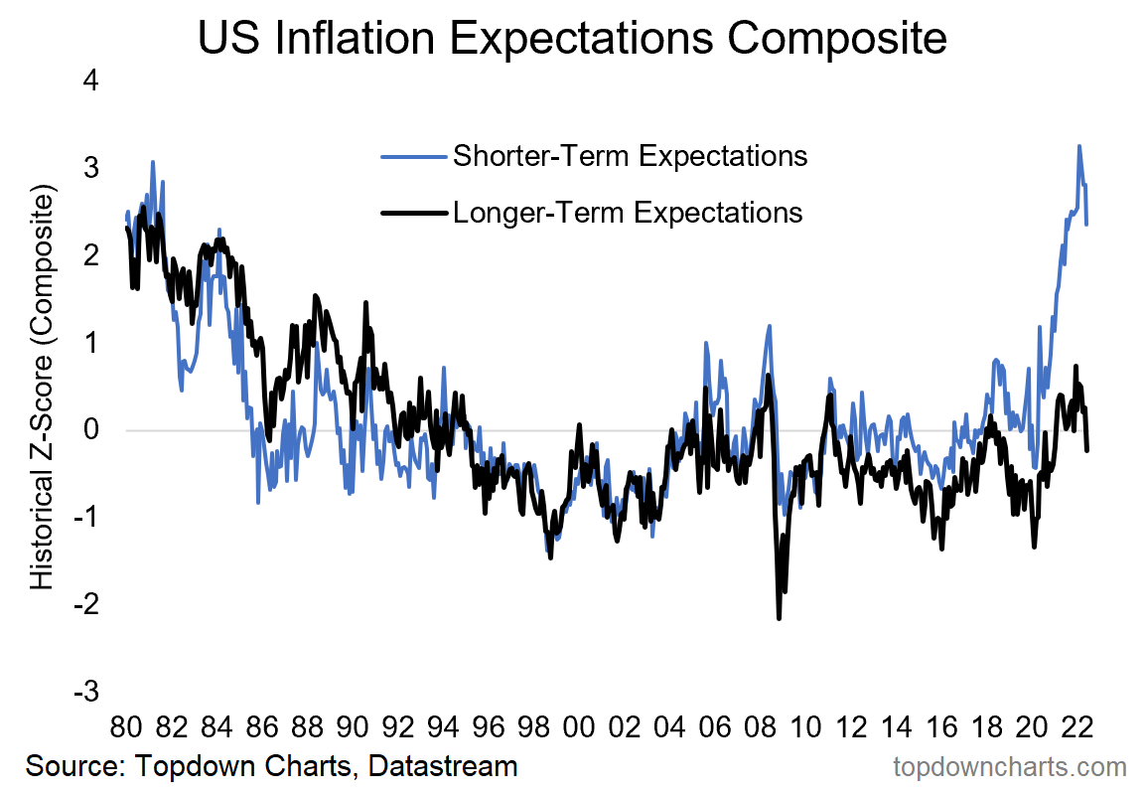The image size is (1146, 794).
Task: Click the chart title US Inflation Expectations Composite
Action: pyautogui.click(x=573, y=39)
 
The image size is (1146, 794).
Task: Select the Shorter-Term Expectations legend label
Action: pyautogui.click(x=630, y=156)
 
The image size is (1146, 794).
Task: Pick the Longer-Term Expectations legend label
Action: pyautogui.click(x=628, y=212)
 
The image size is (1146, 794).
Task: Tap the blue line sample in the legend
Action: pyautogui.click(x=411, y=156)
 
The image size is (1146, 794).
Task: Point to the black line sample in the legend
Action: pyautogui.click(x=411, y=212)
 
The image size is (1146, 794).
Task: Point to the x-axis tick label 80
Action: pyautogui.click(x=126, y=726)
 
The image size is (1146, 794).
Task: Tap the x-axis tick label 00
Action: pyautogui.click(x=579, y=726)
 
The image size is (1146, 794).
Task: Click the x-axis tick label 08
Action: pyautogui.click(x=760, y=726)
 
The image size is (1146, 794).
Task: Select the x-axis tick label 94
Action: pyautogui.click(x=443, y=726)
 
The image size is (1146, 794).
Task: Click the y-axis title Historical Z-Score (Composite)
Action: pyautogui.click(x=42, y=388)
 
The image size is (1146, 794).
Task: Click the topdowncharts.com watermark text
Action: pyautogui.click(x=1010, y=767)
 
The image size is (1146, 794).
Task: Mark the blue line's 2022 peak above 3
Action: pyautogui.click(x=1079, y=146)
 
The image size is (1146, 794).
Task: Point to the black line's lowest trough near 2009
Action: pyautogui.click(x=780, y=619)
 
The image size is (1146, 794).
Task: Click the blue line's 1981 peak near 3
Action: pyautogui.click(x=153, y=161)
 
